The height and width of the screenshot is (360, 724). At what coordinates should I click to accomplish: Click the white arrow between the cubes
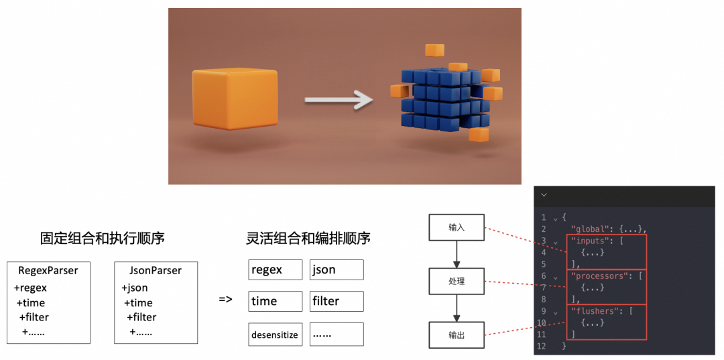coord(338,101)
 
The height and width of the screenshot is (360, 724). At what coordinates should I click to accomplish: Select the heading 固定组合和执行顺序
coord(103,238)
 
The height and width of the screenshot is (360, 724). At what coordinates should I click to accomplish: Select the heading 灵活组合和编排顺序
coord(308,238)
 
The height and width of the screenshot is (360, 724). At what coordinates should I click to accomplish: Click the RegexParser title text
coord(48,271)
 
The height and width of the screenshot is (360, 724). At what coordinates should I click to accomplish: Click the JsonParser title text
coord(156,271)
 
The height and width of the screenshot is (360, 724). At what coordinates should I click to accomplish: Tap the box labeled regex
coord(275,269)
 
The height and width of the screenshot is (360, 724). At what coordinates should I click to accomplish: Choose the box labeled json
coord(337,269)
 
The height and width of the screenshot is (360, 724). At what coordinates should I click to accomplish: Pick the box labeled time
coord(275,301)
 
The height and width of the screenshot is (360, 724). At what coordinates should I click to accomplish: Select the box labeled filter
coord(337,301)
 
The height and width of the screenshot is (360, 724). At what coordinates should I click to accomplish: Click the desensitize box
coord(275,335)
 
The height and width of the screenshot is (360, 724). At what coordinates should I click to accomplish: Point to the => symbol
coord(225,299)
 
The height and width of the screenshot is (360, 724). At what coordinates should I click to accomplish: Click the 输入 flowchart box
coord(457,227)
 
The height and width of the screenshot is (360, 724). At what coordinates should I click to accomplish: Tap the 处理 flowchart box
coord(457,281)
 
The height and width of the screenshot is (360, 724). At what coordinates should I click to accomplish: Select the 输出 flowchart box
coord(457,335)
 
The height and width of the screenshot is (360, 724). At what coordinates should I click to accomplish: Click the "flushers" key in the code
coord(593,311)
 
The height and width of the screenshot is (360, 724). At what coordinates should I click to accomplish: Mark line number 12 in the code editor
coord(542,346)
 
